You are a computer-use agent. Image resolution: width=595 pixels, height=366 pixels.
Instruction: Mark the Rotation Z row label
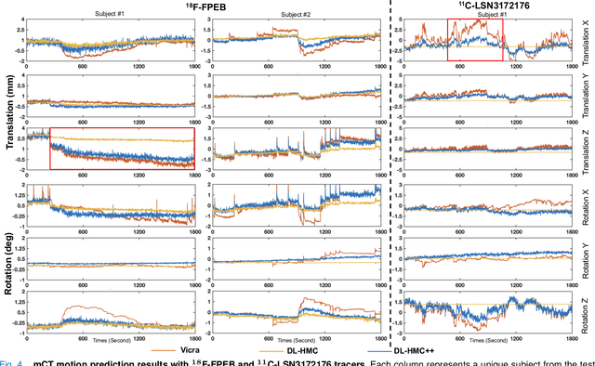(586, 310)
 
